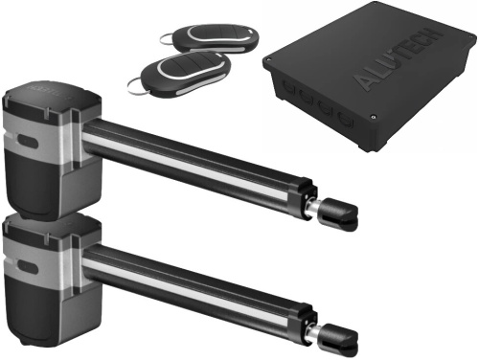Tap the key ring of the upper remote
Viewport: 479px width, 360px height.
(166, 40)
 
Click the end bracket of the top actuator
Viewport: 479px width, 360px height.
(339, 212)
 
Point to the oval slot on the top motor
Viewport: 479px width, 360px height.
(27, 142)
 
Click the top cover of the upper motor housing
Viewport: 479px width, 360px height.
(51, 95)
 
